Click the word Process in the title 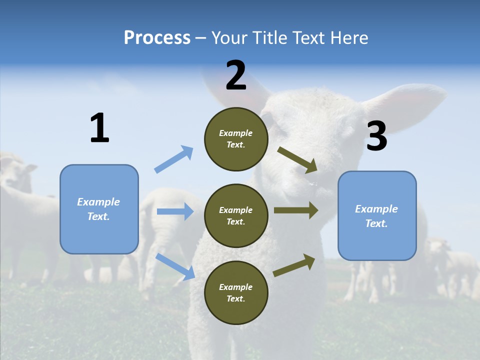pos(157,38)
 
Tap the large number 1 pos(99,128)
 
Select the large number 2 pos(236,76)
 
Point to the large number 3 pos(377,136)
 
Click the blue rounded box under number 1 pos(99,209)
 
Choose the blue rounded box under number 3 pos(377,216)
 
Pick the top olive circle pos(236,139)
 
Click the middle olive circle pos(236,216)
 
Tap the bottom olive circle pos(236,293)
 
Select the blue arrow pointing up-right pos(174,159)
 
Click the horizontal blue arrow pos(175,211)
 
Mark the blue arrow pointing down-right pos(175,266)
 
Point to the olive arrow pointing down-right pos(297,159)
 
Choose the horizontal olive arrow pos(296,210)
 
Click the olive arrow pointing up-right pos(294,265)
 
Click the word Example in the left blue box pos(98,202)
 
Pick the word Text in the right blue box pos(376,223)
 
